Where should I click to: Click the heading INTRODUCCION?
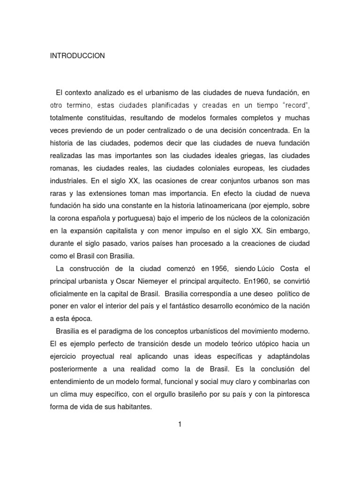77,56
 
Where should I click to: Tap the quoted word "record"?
294,104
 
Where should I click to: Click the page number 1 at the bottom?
180,425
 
